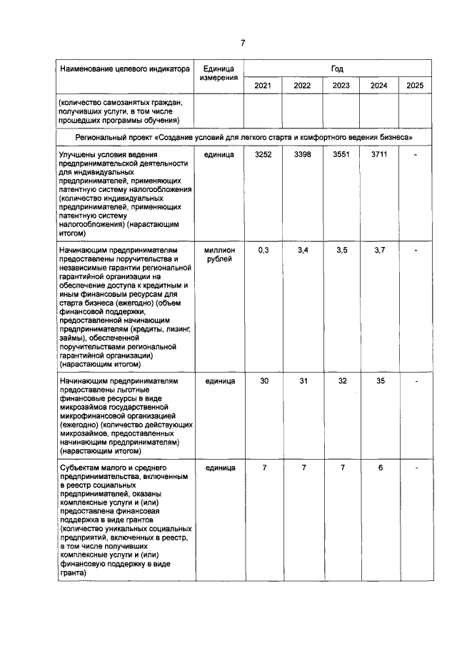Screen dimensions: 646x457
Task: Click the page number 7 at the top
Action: tap(242, 44)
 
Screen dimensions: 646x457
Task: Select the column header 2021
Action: tap(263, 86)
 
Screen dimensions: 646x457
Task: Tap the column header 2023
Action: tap(341, 86)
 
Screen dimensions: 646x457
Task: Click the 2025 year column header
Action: tap(414, 86)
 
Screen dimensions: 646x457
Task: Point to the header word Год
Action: tap(337, 69)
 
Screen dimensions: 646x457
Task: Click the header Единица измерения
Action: tap(219, 74)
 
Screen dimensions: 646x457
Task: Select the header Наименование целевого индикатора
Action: tap(124, 69)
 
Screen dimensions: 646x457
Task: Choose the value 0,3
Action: tap(263, 251)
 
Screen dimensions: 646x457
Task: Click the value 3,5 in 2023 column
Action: tap(341, 251)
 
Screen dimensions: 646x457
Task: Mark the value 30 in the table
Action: tap(263, 381)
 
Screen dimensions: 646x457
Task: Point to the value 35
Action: tap(380, 381)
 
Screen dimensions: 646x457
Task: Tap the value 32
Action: tap(341, 381)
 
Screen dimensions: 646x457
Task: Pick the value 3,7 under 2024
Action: tap(379, 251)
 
